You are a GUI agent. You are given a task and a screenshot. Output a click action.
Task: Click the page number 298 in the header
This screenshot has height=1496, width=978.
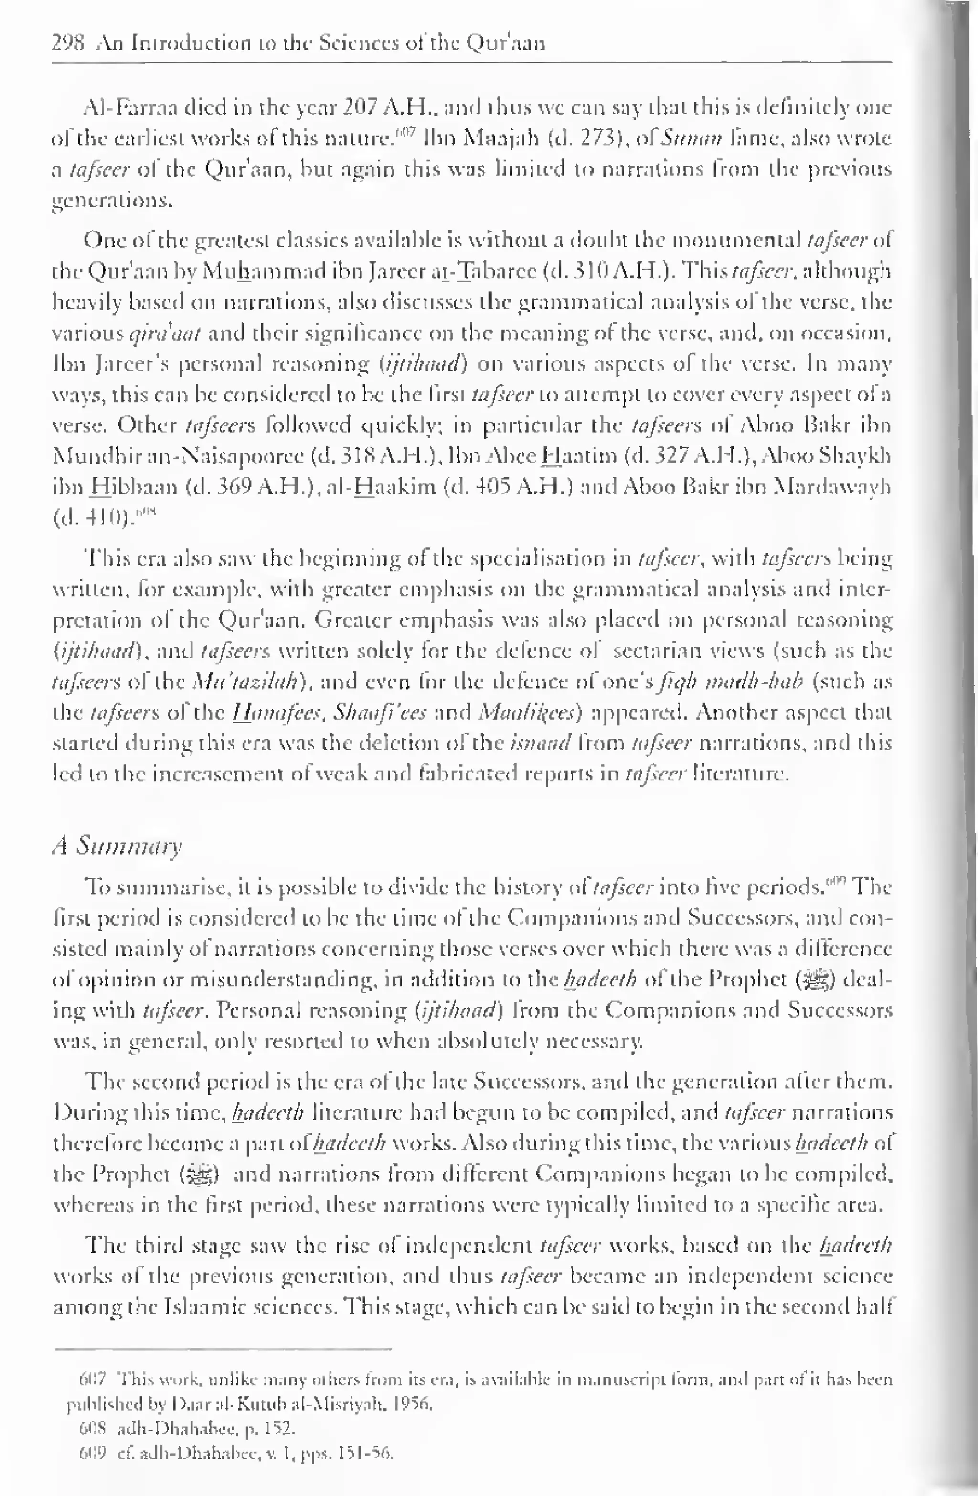(x=67, y=43)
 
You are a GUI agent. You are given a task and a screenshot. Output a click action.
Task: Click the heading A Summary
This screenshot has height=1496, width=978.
(x=117, y=846)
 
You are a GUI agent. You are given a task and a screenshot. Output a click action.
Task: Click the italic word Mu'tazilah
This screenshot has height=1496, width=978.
(x=248, y=682)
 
